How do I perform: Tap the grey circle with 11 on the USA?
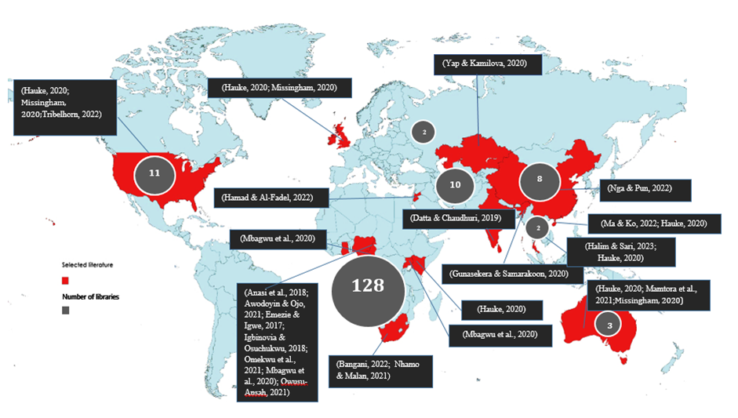pos(155,172)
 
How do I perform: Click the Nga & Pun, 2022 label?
pos(648,190)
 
